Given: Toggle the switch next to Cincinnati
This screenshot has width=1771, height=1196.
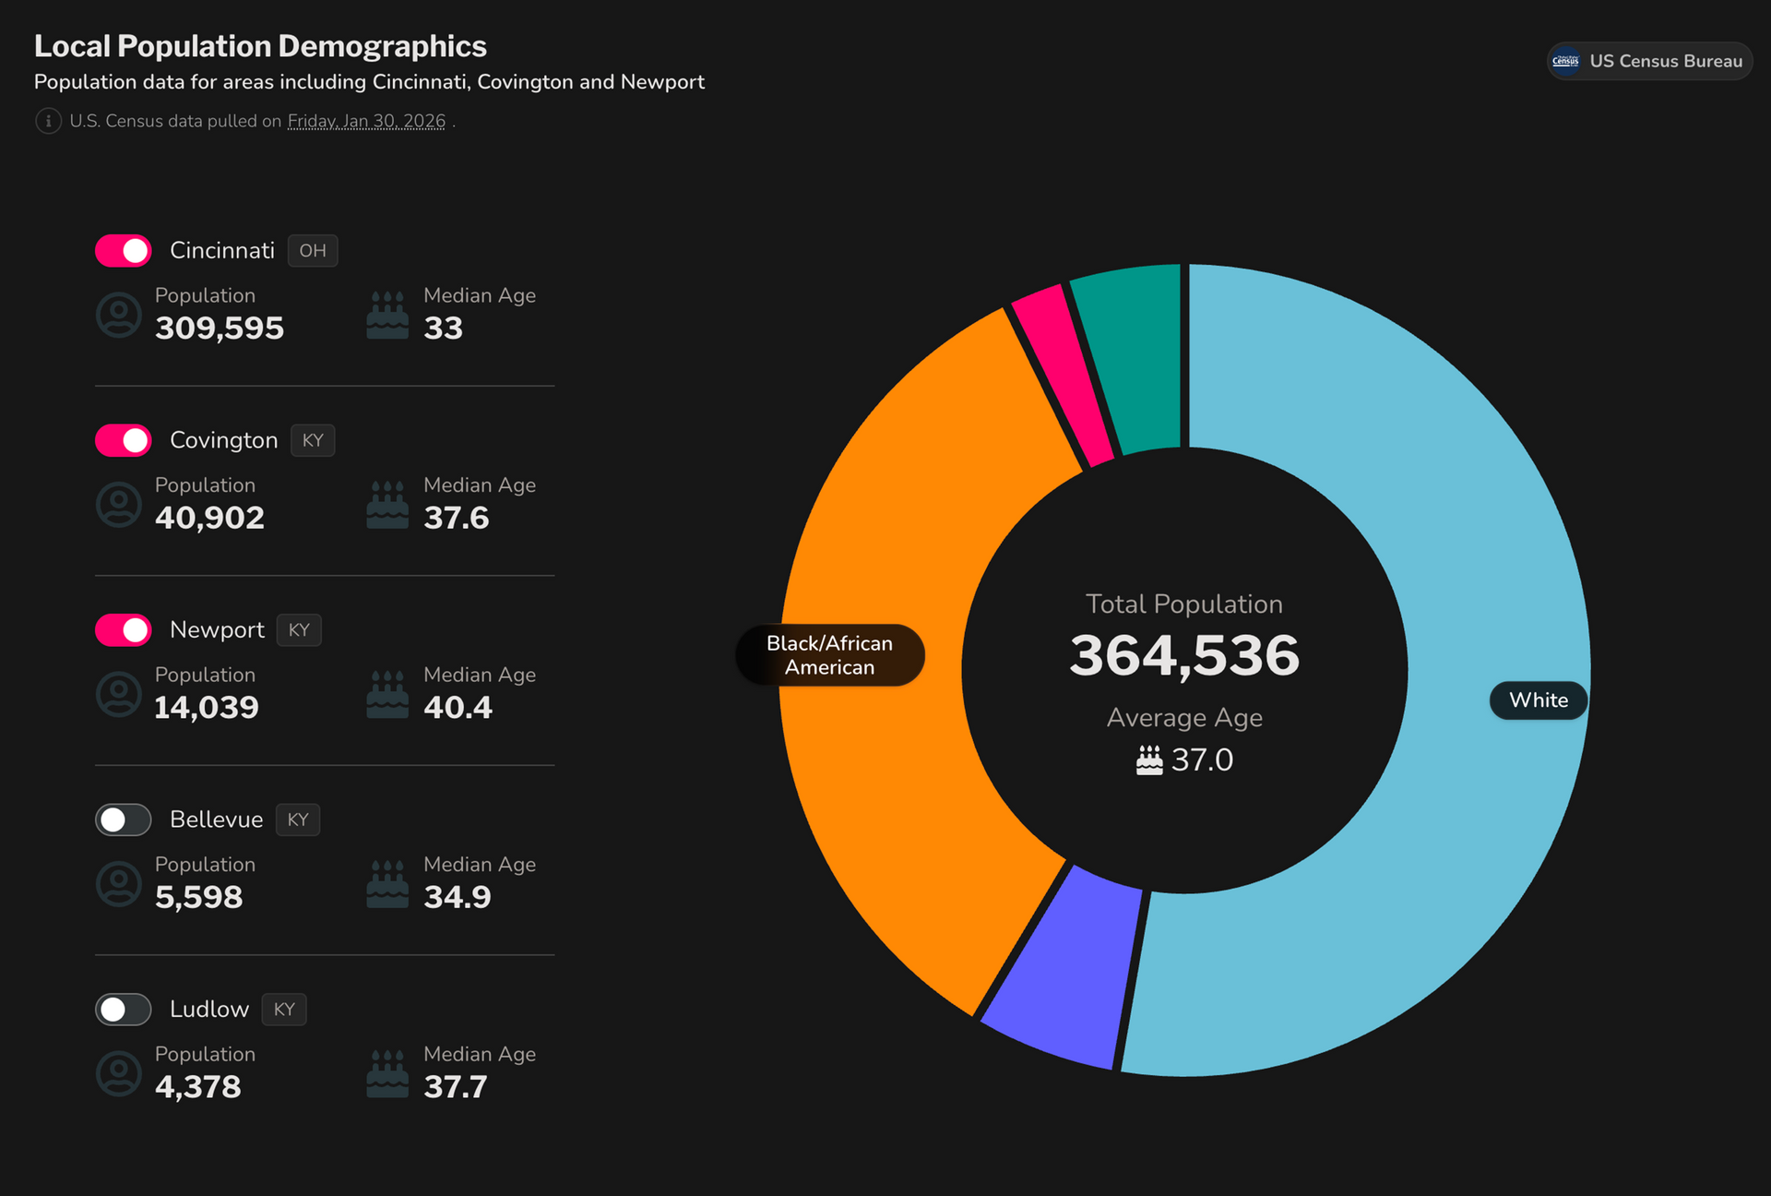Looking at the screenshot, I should click(123, 250).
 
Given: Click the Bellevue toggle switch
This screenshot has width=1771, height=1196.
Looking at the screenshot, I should click(123, 819).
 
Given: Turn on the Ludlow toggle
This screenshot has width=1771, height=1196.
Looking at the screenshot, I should click(123, 1009).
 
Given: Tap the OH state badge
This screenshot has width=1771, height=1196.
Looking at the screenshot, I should click(313, 251).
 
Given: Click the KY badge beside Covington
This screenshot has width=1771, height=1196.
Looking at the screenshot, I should click(313, 440).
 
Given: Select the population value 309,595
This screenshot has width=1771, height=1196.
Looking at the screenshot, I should click(220, 329).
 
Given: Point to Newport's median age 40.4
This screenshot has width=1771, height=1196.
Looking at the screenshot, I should click(458, 708).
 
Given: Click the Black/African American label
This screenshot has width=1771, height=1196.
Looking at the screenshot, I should click(829, 655).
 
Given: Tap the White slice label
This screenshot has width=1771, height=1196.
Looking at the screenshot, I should click(1538, 700).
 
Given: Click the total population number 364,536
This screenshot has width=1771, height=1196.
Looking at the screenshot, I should click(1184, 656).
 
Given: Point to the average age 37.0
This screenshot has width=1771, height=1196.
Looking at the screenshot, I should click(1201, 760).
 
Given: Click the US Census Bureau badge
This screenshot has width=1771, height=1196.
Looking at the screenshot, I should click(1649, 61).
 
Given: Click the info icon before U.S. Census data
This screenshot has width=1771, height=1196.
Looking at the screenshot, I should click(48, 121).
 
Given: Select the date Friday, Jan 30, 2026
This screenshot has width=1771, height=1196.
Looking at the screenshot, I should click(366, 121).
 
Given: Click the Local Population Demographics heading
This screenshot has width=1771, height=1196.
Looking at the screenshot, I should click(260, 46).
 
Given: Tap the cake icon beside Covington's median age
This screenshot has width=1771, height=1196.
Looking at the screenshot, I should click(387, 504).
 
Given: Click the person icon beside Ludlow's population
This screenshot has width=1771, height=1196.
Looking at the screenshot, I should click(119, 1073).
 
